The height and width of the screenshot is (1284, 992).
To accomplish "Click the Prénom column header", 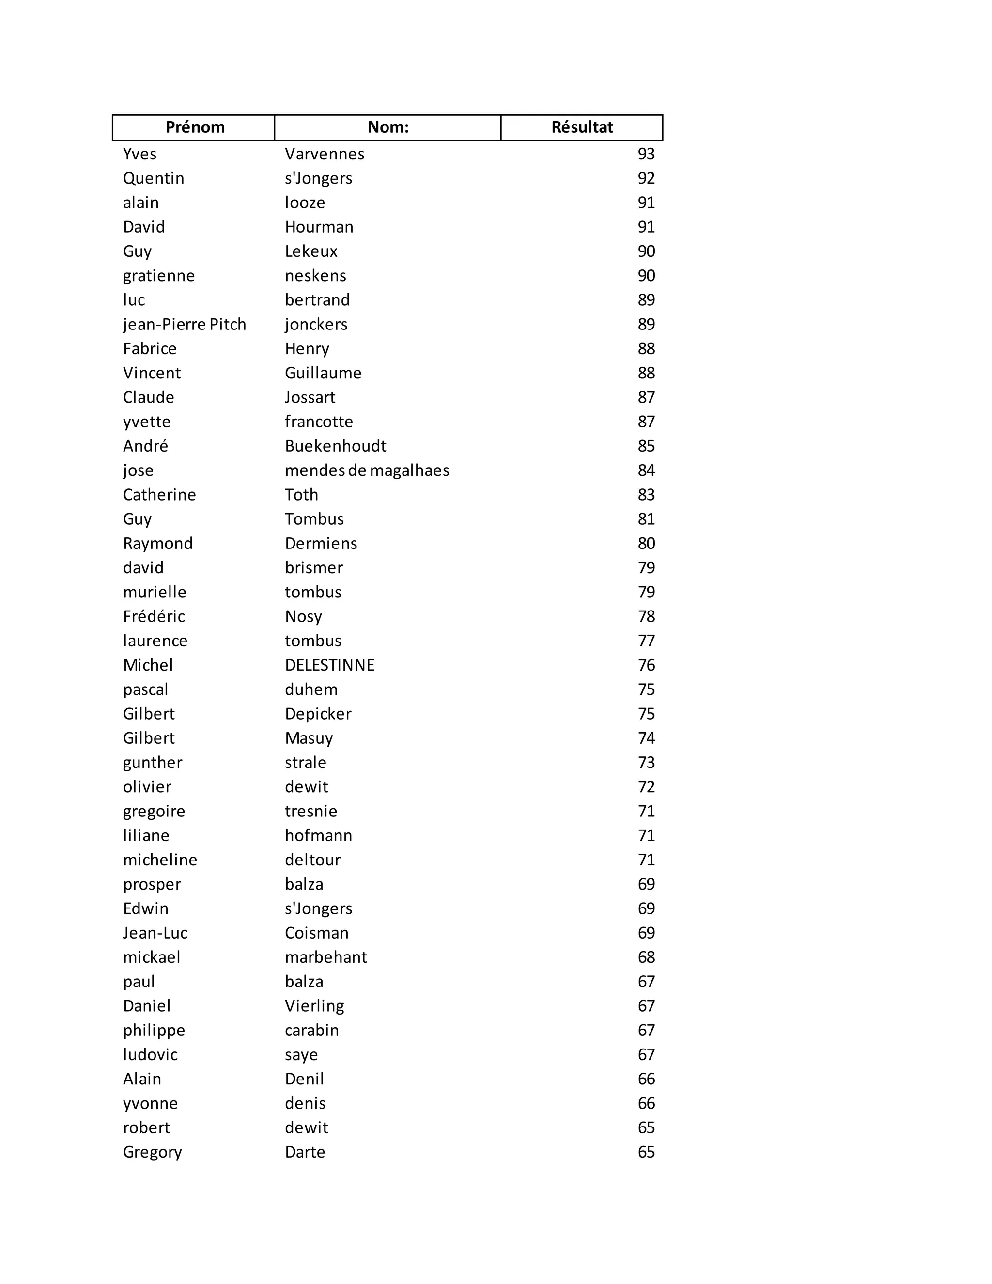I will (195, 127).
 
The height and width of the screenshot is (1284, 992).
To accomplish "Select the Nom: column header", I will (388, 127).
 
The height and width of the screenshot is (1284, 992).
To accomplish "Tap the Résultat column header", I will (582, 127).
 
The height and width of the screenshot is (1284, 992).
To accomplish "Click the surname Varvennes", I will (325, 154).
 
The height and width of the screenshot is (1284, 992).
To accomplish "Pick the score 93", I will (646, 154).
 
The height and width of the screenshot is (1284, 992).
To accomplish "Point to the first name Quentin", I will (154, 178).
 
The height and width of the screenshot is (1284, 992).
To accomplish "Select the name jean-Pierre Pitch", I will (184, 325).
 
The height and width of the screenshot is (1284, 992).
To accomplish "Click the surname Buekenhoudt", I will (335, 446).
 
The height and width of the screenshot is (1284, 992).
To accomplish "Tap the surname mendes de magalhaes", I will (367, 470).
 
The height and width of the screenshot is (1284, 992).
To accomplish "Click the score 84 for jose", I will (646, 470).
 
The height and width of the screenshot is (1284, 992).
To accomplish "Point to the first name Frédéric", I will (154, 617).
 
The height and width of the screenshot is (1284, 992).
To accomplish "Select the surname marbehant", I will (325, 957).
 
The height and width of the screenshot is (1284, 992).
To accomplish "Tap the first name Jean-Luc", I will (155, 933).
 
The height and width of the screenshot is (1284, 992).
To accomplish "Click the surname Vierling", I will (314, 1006).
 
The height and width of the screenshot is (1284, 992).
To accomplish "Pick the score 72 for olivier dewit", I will (646, 786).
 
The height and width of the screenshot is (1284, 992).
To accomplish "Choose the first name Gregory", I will (152, 1152).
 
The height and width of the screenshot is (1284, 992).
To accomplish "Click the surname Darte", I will (304, 1152).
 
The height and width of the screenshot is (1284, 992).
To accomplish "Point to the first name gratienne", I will (159, 276).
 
